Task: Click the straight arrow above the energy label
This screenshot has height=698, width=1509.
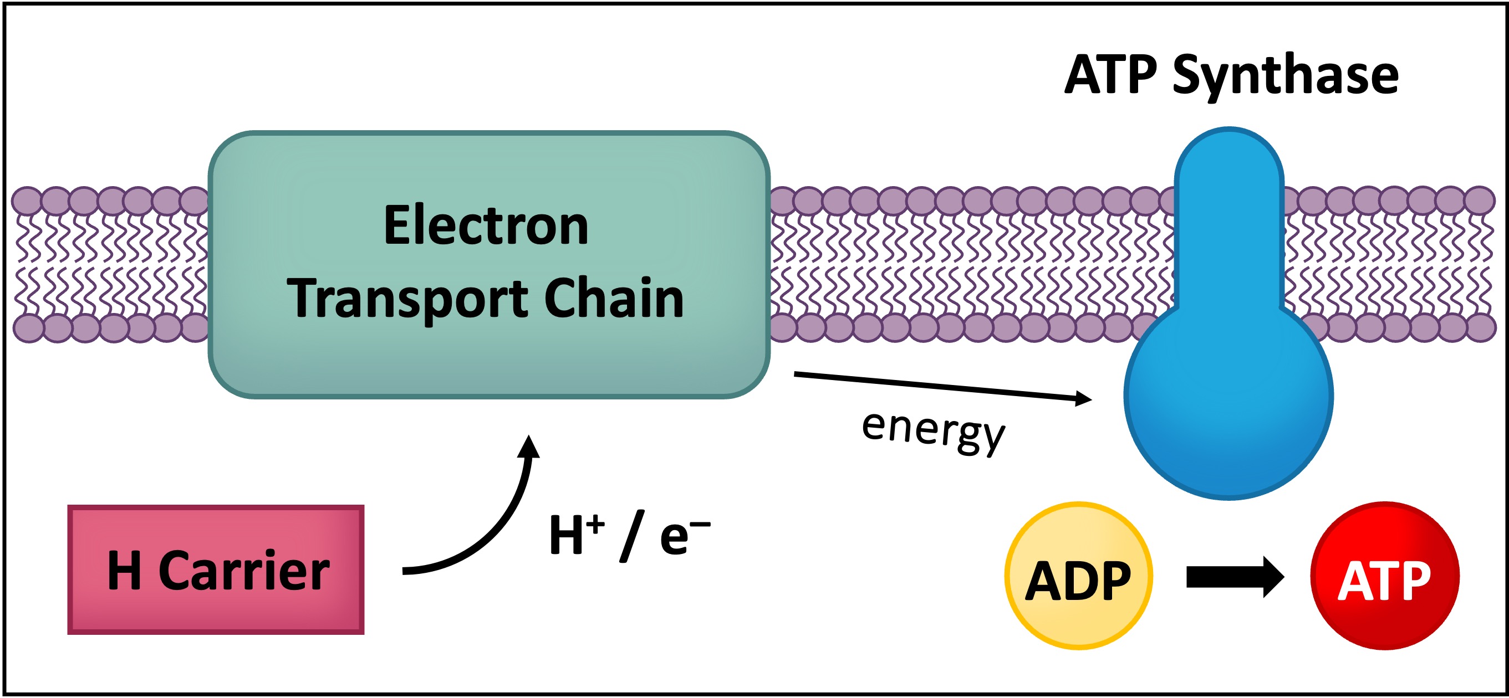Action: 937,386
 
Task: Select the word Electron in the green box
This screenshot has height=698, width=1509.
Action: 486,225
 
